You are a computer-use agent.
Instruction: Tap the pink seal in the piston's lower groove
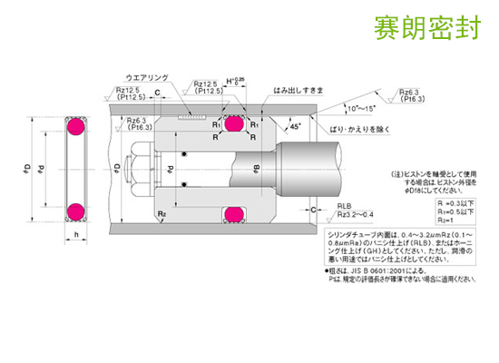[x=235, y=215]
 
